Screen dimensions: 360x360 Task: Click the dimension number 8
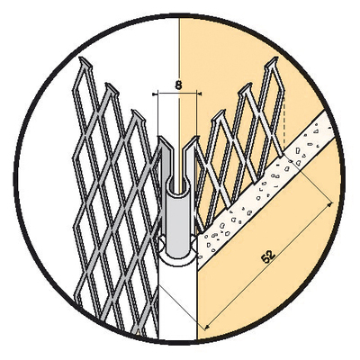tap(178, 85)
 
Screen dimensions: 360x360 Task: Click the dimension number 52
tap(268, 256)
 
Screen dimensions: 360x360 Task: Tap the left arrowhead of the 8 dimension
tap(154, 94)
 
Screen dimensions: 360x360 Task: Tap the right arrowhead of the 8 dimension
tap(199, 94)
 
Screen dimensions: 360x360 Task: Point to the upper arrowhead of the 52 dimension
tap(330, 204)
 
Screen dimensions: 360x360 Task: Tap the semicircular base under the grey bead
tap(178, 257)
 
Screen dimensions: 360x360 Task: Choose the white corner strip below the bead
tap(177, 303)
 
